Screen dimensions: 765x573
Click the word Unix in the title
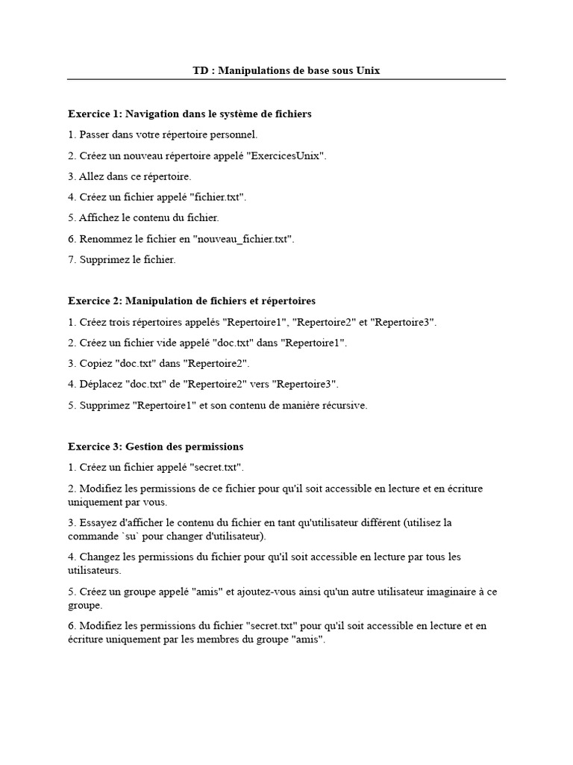point(368,70)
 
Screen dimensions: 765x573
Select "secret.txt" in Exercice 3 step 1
point(216,467)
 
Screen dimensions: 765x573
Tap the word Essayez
point(98,523)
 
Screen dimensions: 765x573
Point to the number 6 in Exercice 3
point(71,626)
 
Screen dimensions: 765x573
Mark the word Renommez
point(104,239)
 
